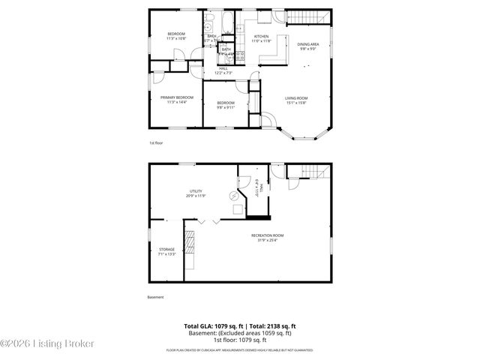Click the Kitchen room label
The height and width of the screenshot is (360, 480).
click(x=261, y=37)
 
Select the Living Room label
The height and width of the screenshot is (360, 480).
click(x=295, y=97)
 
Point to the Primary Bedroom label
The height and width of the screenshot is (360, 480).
click(x=177, y=97)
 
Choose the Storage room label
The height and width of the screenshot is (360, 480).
click(x=166, y=249)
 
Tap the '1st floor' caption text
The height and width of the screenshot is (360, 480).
click(x=155, y=142)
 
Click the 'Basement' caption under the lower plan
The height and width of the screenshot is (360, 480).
click(x=156, y=297)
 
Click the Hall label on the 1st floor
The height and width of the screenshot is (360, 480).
click(x=223, y=67)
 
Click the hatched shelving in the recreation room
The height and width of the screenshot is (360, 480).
click(x=190, y=244)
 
